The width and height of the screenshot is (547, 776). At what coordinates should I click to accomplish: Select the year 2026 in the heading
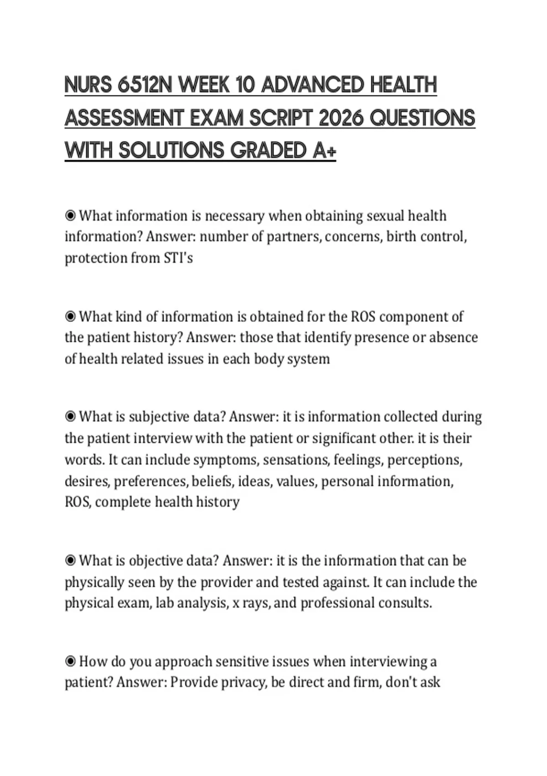point(341,118)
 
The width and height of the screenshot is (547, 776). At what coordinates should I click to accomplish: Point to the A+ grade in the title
point(325,151)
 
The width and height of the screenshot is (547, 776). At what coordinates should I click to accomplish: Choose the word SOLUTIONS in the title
point(172,151)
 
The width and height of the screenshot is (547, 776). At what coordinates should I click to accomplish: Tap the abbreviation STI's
point(178,258)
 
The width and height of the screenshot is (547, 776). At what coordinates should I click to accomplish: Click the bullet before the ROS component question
point(70,316)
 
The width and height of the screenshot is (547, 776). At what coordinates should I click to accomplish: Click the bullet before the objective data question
point(70,561)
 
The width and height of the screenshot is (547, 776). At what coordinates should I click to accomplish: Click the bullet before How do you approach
point(70,661)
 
